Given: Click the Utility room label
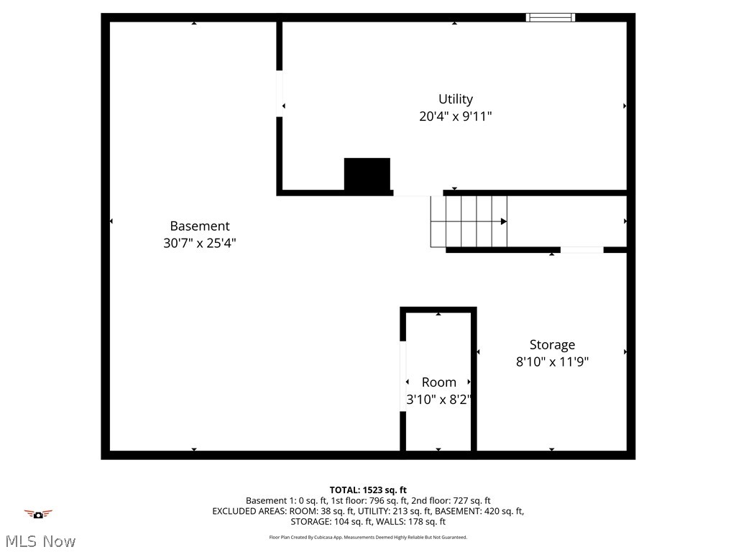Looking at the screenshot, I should click(x=456, y=99).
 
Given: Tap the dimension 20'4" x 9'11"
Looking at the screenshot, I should click(x=456, y=116).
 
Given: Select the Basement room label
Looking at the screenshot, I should click(x=200, y=226).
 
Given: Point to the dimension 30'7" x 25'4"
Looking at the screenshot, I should click(x=200, y=243).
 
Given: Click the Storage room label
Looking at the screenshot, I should click(x=552, y=344).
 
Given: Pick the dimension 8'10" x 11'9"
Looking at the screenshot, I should click(x=552, y=362).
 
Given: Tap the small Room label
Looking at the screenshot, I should click(x=438, y=382).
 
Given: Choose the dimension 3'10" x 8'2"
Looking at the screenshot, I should click(x=438, y=400).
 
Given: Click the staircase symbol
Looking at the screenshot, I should click(x=469, y=221).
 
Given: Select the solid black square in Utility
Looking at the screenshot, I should click(x=367, y=175).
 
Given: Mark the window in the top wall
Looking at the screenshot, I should click(x=551, y=17).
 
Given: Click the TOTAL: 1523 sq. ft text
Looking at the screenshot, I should click(x=368, y=490).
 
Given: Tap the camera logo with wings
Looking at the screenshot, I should click(x=38, y=514).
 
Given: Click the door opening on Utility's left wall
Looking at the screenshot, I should click(x=280, y=93).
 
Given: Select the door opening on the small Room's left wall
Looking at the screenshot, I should click(x=403, y=376).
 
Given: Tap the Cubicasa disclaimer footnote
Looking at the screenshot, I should click(x=368, y=537).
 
